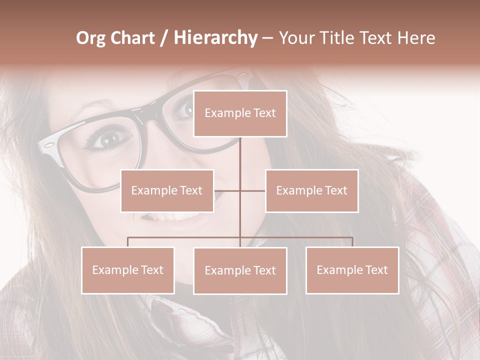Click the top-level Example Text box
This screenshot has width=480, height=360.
[x=240, y=113]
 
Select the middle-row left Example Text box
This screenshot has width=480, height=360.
[x=167, y=190]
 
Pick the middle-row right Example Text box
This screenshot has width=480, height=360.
[x=311, y=190]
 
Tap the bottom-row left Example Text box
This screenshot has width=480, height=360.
[x=127, y=270]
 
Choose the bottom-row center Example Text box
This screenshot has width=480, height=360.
[x=240, y=270]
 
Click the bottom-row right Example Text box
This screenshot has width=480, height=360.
[x=352, y=270]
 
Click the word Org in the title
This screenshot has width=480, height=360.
[x=90, y=38]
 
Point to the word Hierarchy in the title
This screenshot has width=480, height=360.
[x=215, y=38]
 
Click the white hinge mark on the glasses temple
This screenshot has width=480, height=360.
[x=48, y=146]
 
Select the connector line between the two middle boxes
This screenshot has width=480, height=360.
[x=240, y=190]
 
